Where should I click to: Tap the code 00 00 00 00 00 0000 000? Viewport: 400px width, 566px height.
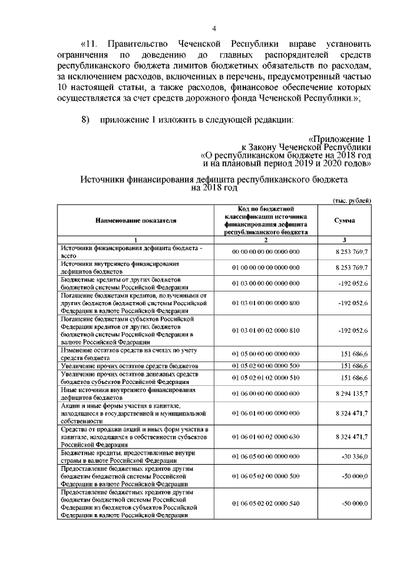click(x=266, y=251)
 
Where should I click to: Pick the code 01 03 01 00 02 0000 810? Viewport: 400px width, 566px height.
click(x=266, y=330)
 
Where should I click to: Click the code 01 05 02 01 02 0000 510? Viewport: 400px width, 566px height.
click(x=266, y=378)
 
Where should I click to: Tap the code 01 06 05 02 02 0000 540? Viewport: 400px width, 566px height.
click(x=266, y=503)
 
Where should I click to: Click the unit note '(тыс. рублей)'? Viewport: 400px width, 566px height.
click(x=351, y=200)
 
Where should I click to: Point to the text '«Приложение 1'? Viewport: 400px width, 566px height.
click(x=341, y=138)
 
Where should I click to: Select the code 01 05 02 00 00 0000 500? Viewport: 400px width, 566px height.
click(x=266, y=365)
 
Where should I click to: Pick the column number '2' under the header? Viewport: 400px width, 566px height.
click(x=266, y=240)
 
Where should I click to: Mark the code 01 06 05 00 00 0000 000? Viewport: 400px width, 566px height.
click(x=266, y=457)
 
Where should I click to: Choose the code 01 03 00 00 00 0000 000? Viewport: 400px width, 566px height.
click(x=266, y=283)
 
